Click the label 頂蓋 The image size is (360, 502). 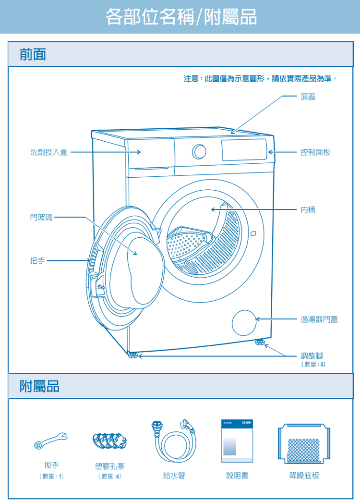308,97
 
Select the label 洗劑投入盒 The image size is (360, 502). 48,152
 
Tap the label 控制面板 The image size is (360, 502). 315,152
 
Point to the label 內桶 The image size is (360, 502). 308,210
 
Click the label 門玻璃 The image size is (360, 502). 41,218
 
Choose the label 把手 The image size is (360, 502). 37,260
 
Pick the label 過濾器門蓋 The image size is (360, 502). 319,319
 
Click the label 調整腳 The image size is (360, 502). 312,355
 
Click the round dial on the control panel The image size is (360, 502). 199,152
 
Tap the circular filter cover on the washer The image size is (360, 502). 244,323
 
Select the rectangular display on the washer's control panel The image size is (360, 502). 244,150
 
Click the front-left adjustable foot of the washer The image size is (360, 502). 132,355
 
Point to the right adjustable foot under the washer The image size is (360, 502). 260,343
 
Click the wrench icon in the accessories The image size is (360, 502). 51,440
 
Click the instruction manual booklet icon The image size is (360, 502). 237,441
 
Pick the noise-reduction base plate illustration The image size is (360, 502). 304,443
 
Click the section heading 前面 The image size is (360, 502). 33,54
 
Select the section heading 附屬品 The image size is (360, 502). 39,386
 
